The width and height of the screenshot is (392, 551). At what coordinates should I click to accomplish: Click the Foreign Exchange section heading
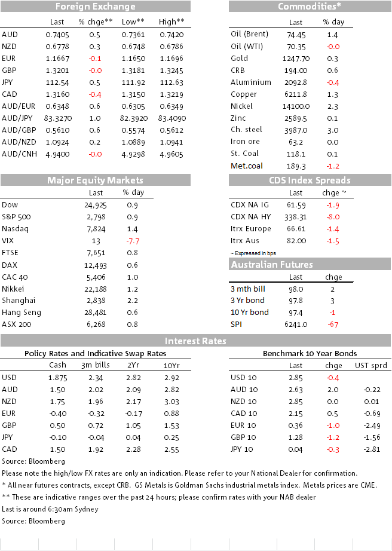tap(95, 7)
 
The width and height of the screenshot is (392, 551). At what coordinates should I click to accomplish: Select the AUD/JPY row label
tap(19, 118)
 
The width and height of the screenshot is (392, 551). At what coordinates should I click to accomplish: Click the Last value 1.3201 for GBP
tap(57, 71)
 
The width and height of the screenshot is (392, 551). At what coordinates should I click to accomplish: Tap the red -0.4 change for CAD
tap(95, 94)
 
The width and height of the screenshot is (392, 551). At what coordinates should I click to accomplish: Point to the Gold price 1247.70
tap(296, 59)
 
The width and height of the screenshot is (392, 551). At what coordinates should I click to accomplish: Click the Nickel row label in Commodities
tap(241, 106)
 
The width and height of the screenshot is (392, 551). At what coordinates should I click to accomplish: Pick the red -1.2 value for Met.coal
tap(333, 166)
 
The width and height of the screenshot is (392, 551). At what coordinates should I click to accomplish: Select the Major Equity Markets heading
tap(95, 180)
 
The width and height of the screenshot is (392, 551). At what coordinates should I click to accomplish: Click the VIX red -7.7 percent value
tap(133, 241)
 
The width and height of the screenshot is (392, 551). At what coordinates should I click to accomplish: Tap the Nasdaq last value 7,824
tap(96, 229)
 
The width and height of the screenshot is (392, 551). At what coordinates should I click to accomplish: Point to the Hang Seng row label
tap(22, 313)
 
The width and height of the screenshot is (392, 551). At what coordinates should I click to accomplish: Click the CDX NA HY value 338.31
tap(295, 217)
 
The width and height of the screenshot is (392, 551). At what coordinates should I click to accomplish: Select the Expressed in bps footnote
tap(253, 253)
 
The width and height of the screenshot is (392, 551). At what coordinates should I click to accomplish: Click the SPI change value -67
tap(333, 325)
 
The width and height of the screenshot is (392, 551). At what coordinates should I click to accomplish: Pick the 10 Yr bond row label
tap(250, 313)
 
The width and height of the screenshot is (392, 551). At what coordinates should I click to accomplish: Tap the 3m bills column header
tap(96, 365)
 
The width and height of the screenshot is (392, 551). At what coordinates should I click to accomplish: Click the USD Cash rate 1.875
tap(57, 378)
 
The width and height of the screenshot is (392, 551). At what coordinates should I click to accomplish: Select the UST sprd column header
tap(371, 366)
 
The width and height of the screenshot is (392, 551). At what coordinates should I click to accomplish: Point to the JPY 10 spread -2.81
tap(372, 449)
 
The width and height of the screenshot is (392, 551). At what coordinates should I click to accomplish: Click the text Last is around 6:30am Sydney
tap(50, 509)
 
